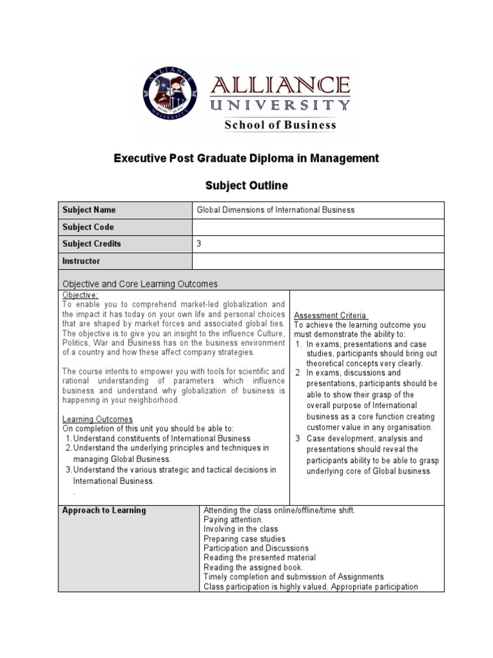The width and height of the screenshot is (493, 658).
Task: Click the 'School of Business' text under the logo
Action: (x=280, y=125)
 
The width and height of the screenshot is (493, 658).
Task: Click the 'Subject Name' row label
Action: (x=89, y=210)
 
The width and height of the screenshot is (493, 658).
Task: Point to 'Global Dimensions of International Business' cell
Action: (x=275, y=210)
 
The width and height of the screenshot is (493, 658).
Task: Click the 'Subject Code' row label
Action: (x=88, y=227)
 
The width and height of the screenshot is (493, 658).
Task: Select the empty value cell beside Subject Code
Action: (x=318, y=227)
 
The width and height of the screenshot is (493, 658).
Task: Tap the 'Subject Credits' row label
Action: (x=91, y=244)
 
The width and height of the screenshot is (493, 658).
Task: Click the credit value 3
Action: (x=199, y=244)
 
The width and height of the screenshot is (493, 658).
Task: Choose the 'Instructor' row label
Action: (x=82, y=262)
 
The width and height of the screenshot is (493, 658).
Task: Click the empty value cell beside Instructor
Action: (x=318, y=262)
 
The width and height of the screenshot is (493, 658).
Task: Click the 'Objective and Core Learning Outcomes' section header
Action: (x=140, y=283)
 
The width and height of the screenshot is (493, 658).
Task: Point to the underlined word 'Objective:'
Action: (x=80, y=294)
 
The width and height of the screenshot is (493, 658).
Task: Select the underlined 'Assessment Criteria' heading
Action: (x=331, y=316)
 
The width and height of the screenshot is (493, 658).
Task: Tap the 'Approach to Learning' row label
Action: (x=103, y=510)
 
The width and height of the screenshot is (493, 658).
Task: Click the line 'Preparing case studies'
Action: (x=245, y=538)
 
